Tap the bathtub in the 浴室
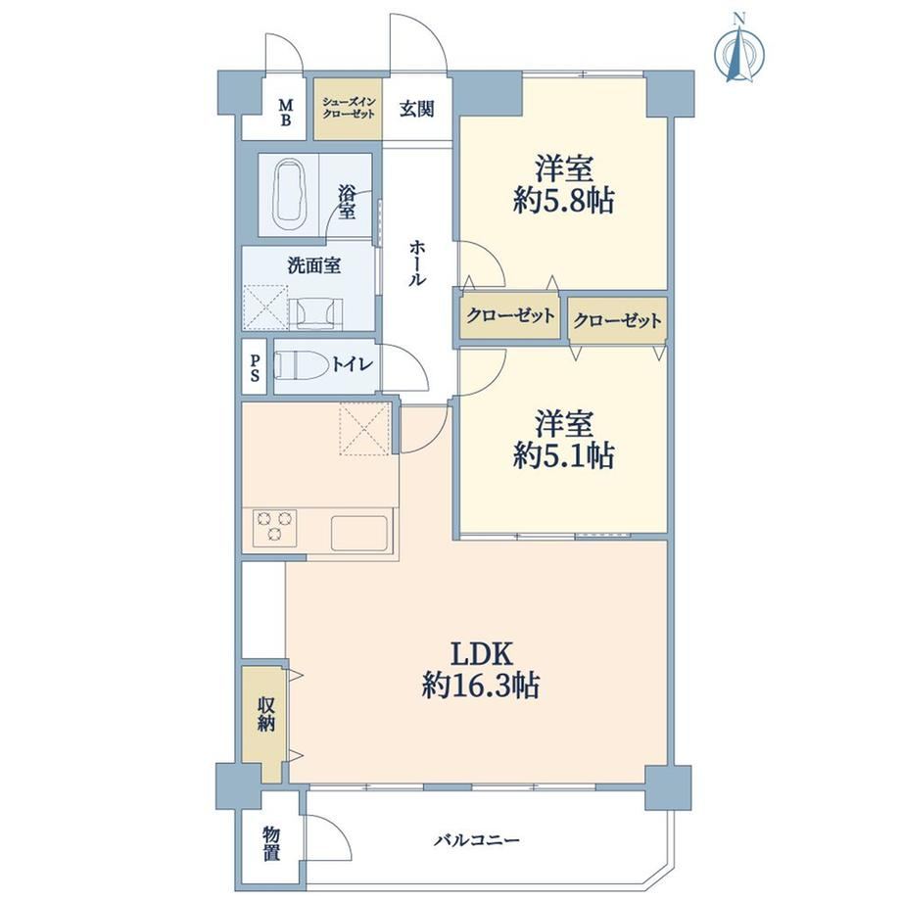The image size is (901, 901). click(289, 194)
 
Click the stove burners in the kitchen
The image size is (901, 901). click(274, 527)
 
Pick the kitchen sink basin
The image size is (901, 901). click(359, 532)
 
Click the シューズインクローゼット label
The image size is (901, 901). click(349, 108)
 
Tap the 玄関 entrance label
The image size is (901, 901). click(416, 109)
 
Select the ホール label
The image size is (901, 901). click(418, 263)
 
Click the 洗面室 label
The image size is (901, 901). click(313, 265)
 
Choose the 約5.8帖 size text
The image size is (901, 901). click(564, 201)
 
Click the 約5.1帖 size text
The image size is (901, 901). click(564, 455)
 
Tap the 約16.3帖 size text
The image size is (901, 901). click(481, 685)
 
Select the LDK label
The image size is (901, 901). click(481, 653)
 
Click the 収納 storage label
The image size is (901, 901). click(266, 713)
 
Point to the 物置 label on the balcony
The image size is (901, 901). click(272, 843)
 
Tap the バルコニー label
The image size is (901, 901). click(477, 840)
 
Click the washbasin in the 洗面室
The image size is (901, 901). click(315, 313)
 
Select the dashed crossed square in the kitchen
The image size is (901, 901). click(364, 429)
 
